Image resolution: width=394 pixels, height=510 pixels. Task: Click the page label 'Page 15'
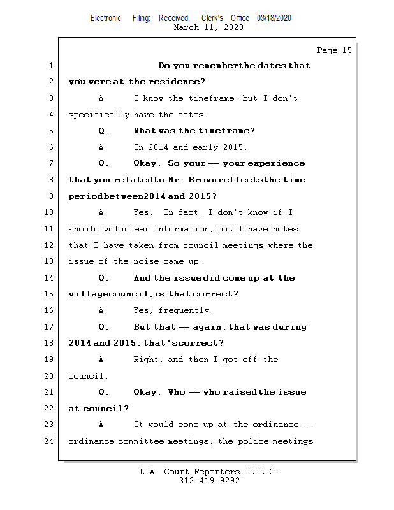pos(334,50)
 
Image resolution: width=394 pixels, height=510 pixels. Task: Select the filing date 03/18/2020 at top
pos(274,18)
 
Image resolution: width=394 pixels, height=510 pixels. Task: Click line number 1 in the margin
pos(50,66)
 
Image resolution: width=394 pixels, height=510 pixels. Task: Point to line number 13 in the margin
pos(48,261)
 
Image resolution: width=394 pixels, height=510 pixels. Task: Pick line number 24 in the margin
pos(48,441)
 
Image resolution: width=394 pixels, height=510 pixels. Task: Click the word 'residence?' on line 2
pos(184,82)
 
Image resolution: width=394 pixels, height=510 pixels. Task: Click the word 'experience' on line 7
pos(277,163)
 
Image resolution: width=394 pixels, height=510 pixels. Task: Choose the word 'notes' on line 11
pos(285,229)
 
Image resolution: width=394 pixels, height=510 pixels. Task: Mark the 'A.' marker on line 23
pos(103,425)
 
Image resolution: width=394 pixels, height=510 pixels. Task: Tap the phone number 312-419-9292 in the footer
pos(209,481)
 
